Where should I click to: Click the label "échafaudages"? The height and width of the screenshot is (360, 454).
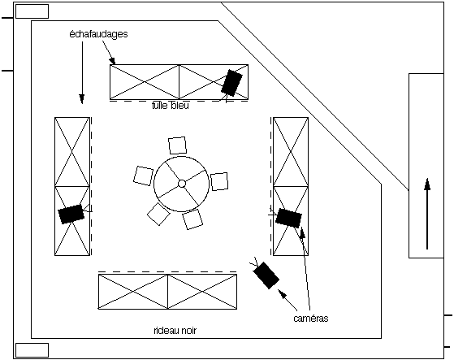pos(98,34)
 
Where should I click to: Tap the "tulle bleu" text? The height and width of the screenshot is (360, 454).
pos(171,106)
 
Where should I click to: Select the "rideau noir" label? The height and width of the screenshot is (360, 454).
pos(175,331)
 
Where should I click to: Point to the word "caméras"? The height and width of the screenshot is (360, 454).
pos(311,319)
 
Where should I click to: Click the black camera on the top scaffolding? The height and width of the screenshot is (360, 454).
pos(232,83)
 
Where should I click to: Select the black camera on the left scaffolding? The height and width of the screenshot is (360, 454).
pos(71,214)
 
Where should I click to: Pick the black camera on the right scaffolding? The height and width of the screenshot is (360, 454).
pos(288,218)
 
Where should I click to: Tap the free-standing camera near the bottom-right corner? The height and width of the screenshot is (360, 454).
pos(266,275)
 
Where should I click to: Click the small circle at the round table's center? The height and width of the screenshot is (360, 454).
pos(182,184)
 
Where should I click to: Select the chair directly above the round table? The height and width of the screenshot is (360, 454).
pos(178,145)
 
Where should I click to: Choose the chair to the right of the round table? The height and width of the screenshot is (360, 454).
pos(219,181)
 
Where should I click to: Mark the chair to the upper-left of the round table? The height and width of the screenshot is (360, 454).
pos(143,176)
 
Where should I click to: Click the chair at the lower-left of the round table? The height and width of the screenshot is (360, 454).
pos(158,214)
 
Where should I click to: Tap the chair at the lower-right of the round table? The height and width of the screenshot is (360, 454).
pos(192,219)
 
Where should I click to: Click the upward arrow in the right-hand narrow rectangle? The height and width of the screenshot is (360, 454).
pos(427,214)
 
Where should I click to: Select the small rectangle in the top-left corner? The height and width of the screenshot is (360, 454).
pos(32,11)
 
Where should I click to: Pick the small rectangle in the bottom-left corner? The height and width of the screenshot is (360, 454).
pos(32,350)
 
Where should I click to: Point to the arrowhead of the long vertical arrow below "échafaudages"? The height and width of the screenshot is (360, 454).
pos(82,99)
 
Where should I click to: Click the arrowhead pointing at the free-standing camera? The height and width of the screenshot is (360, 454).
pos(282,293)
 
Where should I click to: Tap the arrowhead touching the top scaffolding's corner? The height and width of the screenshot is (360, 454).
pos(112,60)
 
